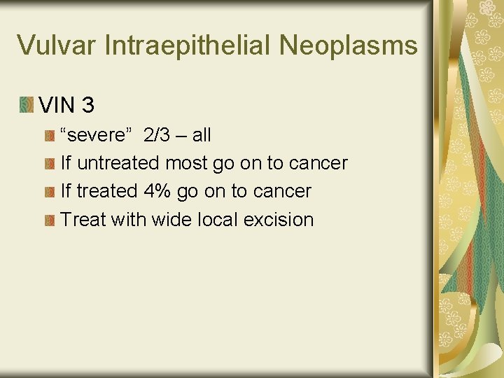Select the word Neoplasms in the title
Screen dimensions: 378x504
(348, 45)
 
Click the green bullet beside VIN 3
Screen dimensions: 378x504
(27, 106)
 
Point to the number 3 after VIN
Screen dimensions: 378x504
(87, 106)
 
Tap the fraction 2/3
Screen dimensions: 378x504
(157, 134)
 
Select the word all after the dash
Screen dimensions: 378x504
(201, 134)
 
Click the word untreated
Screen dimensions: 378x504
(118, 163)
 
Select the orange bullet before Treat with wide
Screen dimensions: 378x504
(49, 220)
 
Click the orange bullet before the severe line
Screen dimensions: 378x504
(49, 134)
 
